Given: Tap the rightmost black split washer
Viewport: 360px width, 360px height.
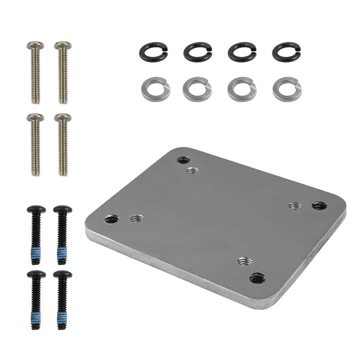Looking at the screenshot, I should click(286, 51).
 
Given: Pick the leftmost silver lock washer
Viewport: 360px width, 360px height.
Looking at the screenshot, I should click(153, 89).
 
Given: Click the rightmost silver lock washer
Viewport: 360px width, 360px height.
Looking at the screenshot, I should click(287, 89).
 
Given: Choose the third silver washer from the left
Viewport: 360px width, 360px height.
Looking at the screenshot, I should click(242, 89).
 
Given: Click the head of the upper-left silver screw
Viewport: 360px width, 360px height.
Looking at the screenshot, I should click(35, 45).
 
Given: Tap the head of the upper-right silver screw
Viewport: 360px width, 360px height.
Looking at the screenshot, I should click(63, 45).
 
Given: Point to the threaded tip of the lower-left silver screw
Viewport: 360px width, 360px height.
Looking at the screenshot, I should click(35, 172).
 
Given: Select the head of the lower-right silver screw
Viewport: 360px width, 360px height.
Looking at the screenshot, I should click(63, 117).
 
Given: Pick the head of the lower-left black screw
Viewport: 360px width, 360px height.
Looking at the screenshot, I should click(36, 275).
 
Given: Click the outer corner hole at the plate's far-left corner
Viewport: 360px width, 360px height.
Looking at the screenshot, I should click(112, 218).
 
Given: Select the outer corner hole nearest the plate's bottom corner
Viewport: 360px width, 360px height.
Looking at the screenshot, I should click(257, 278).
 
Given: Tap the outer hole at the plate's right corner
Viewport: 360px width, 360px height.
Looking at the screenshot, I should click(319, 206).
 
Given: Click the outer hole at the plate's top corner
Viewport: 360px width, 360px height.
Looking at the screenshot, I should click(184, 159).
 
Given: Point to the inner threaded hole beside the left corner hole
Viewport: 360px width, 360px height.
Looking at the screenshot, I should click(137, 218).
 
